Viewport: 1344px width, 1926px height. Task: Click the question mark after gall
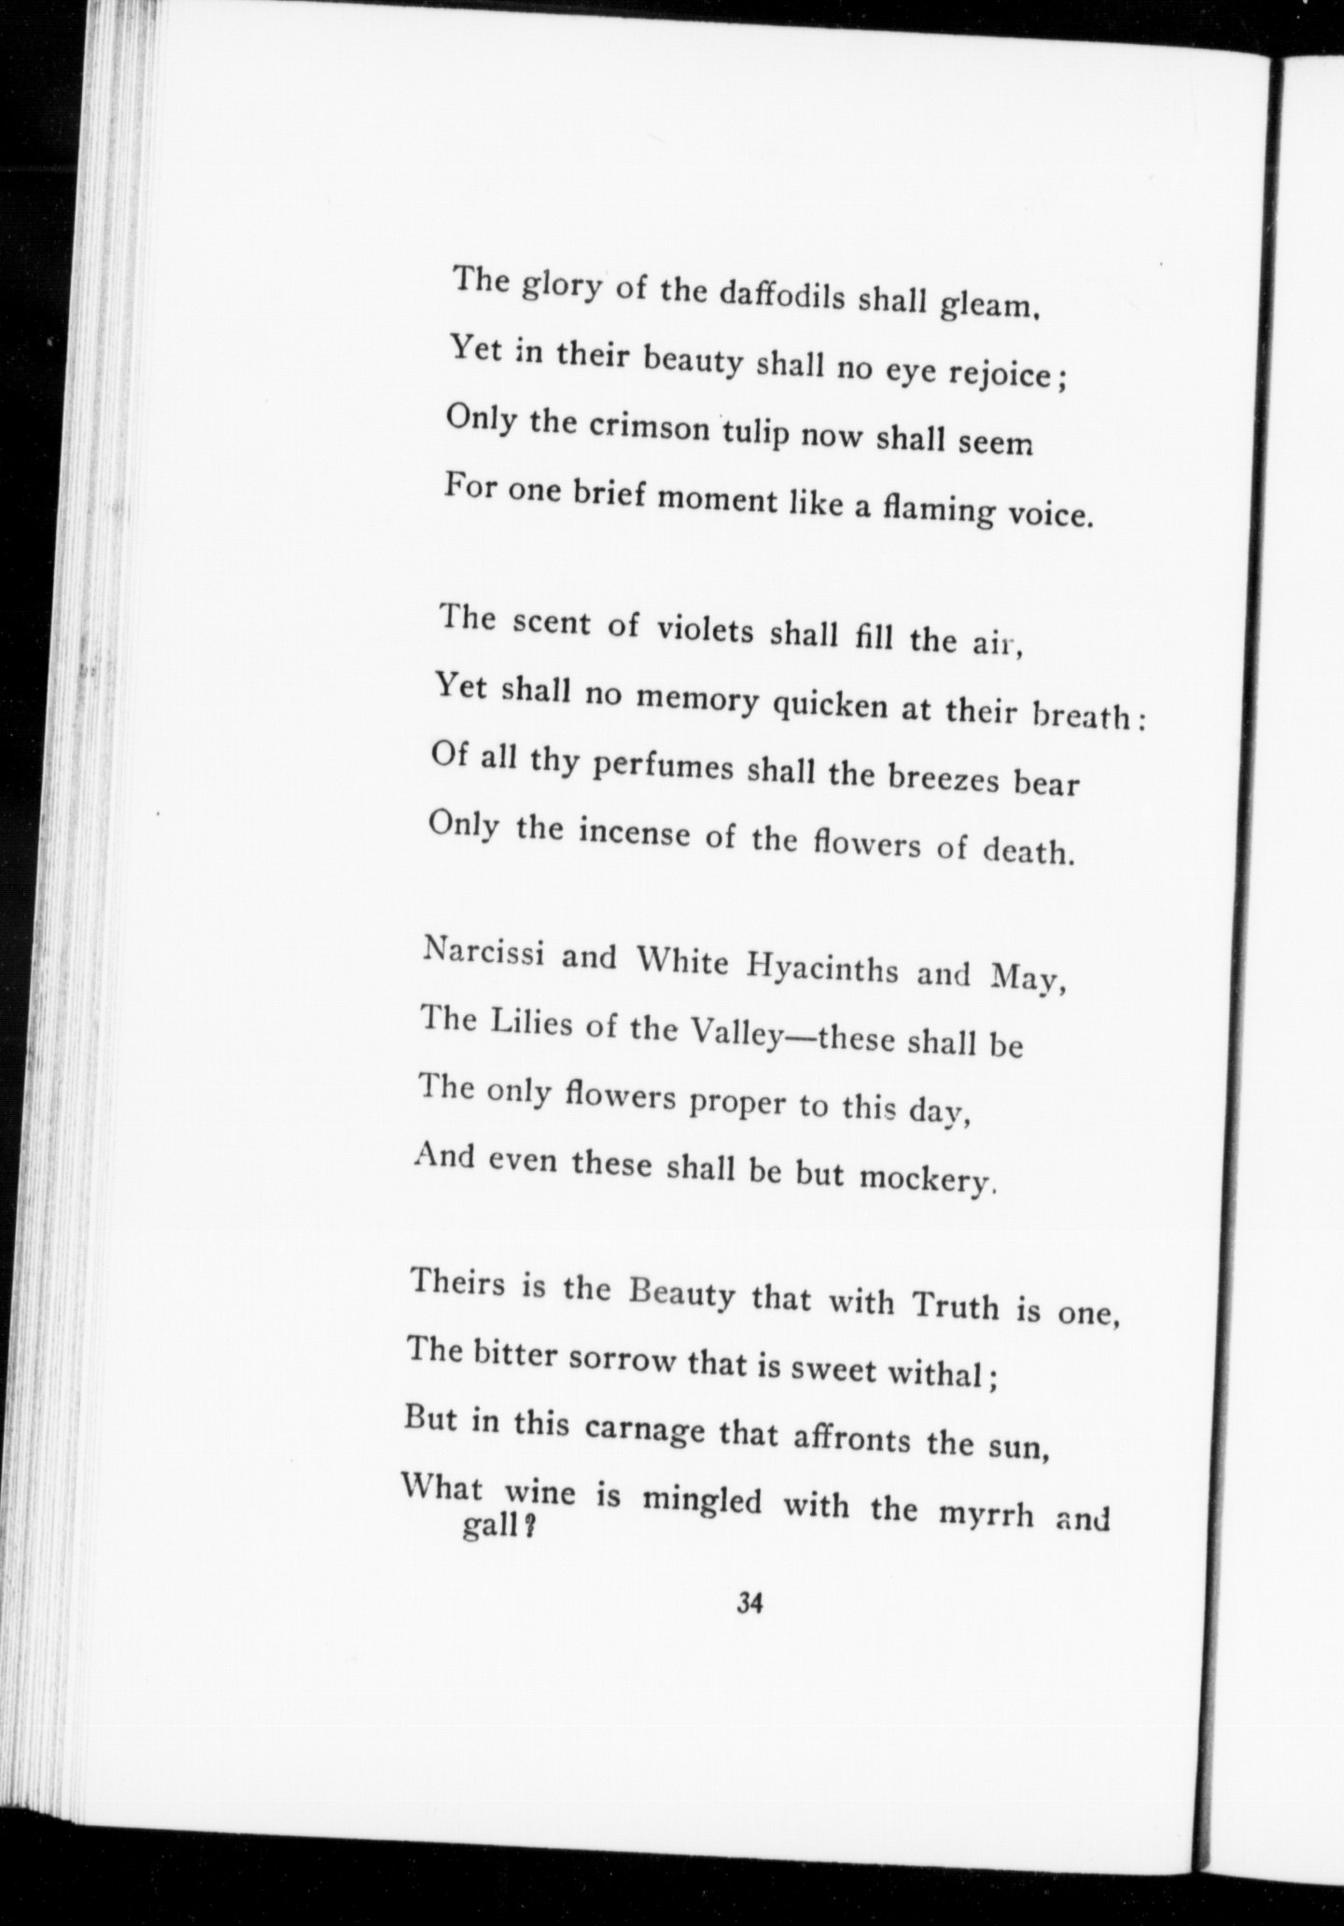(528, 1530)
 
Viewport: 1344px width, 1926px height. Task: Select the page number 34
(751, 1603)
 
